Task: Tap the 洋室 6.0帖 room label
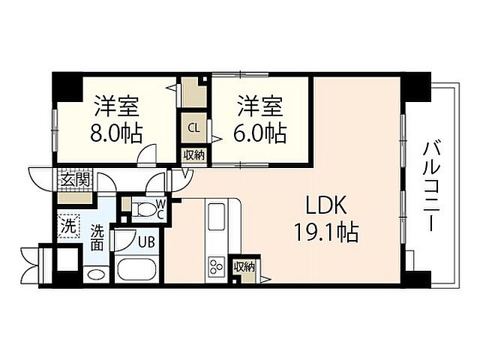262,118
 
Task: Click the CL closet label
193,127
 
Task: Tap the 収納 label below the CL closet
193,155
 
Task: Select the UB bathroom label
145,241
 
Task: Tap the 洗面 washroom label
98,237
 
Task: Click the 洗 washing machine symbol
68,223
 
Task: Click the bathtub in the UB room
134,270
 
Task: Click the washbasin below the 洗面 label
96,274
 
